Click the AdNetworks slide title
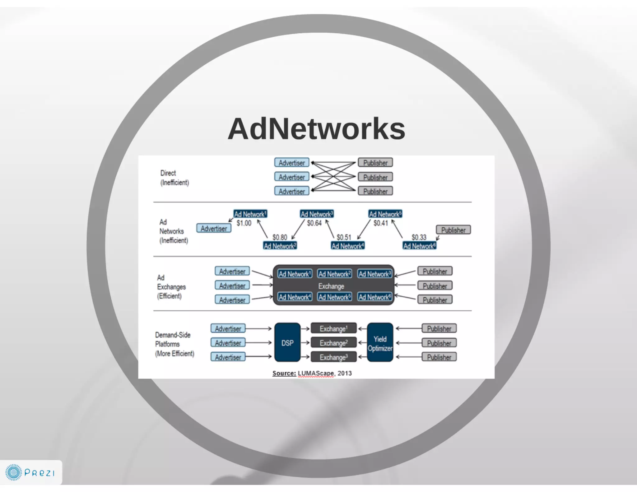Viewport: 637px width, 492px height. pyautogui.click(x=316, y=129)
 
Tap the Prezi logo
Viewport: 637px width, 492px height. pyautogui.click(x=30, y=472)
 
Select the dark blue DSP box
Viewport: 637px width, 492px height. pyautogui.click(x=287, y=342)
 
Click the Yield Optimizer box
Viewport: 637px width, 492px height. pyautogui.click(x=380, y=343)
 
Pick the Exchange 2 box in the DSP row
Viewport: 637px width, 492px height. pyautogui.click(x=333, y=343)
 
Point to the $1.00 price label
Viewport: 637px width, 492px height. pyautogui.click(x=244, y=223)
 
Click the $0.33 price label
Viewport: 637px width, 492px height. pyautogui.click(x=419, y=237)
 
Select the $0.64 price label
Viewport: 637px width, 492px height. pyautogui.click(x=314, y=223)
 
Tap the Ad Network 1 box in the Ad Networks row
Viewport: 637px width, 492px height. pyautogui.click(x=250, y=214)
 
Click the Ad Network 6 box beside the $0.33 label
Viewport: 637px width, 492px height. pyautogui.click(x=419, y=246)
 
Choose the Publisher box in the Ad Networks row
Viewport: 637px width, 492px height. pyautogui.click(x=453, y=230)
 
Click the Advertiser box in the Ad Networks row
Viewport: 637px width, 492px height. pyautogui.click(x=214, y=228)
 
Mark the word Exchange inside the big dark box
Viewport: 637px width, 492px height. pyautogui.click(x=331, y=286)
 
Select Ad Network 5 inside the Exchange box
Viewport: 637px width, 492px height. pyautogui.click(x=335, y=297)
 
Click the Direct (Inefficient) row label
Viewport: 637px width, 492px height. pyautogui.click(x=174, y=178)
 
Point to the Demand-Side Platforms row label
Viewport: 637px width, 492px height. pyautogui.click(x=174, y=344)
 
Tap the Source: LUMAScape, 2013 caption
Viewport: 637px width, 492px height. pyautogui.click(x=312, y=373)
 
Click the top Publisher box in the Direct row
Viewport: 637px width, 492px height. pyautogui.click(x=375, y=163)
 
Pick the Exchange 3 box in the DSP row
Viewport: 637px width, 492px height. pyautogui.click(x=333, y=357)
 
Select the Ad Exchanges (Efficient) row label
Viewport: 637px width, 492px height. pyautogui.click(x=171, y=286)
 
